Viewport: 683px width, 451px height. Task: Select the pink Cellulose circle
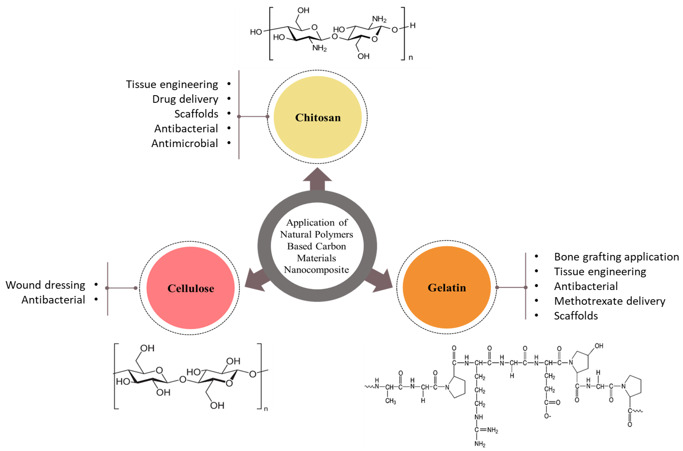(190, 288)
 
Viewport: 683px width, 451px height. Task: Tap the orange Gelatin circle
(446, 287)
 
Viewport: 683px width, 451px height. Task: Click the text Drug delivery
(185, 99)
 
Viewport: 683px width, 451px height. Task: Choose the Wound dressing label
(45, 285)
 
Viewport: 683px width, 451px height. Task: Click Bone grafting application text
(616, 257)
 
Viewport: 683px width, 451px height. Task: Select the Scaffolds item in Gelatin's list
(576, 316)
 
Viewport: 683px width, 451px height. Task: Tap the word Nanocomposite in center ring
(316, 270)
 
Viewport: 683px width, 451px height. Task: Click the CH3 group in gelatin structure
(390, 401)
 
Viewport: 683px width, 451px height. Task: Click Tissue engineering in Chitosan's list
(172, 85)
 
